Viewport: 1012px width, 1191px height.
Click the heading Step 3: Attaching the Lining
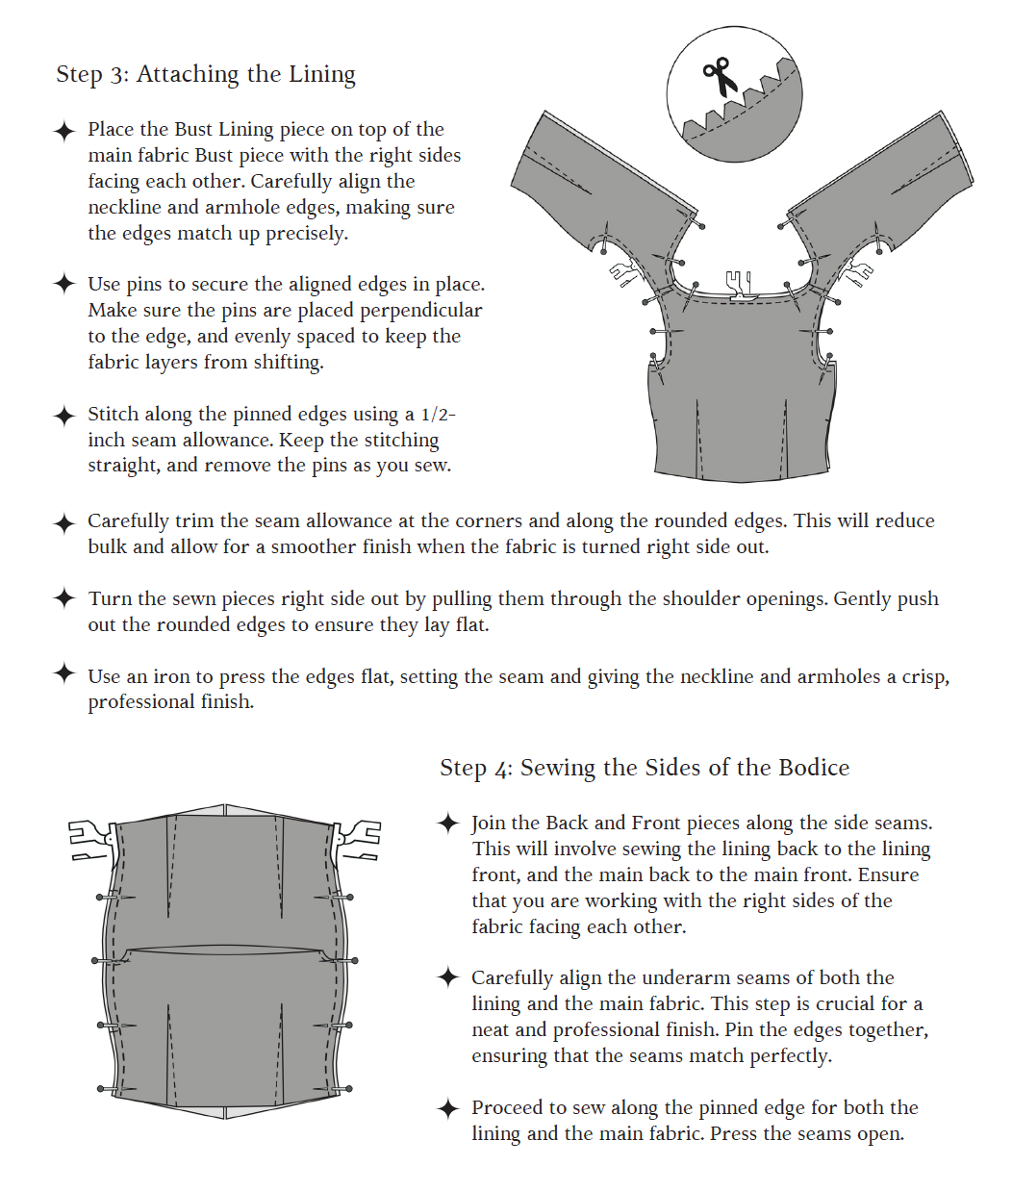click(x=206, y=75)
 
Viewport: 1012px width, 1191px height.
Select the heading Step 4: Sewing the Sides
click(x=645, y=768)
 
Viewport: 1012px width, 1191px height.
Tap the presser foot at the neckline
click(x=739, y=286)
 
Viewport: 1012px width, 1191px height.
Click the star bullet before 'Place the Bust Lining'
click(x=64, y=131)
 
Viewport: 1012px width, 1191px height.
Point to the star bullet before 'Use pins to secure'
click(x=64, y=285)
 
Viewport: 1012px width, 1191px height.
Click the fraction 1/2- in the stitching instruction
click(x=438, y=415)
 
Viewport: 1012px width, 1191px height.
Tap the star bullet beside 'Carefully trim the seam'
click(x=64, y=522)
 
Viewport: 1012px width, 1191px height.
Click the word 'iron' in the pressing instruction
click(x=171, y=677)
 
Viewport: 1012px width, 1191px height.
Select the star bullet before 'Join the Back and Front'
click(x=448, y=824)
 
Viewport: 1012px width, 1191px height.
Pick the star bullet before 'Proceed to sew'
click(x=448, y=1108)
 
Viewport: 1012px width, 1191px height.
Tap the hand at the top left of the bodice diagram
click(x=90, y=839)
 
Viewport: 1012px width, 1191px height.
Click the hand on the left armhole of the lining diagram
click(x=622, y=273)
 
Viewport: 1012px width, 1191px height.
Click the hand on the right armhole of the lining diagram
click(x=854, y=273)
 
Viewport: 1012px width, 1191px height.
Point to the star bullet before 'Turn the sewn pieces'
click(x=64, y=599)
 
